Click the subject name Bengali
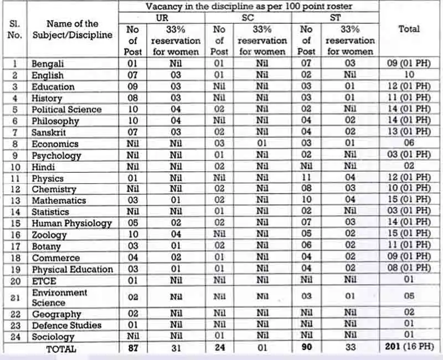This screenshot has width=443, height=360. click(x=48, y=64)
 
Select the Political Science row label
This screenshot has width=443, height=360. click(x=66, y=110)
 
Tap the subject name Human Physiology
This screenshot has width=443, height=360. click(x=71, y=223)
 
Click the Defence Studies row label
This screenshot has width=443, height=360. click(x=66, y=325)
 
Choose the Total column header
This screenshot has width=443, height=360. click(x=409, y=29)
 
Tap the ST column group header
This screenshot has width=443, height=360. click(x=335, y=17)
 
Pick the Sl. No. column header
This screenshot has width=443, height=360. click(x=15, y=29)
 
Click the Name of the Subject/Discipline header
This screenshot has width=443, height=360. click(x=72, y=29)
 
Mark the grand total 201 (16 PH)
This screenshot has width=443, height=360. click(x=409, y=348)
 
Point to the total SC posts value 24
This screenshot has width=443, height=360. click(x=219, y=348)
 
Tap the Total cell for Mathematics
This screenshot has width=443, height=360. click(x=409, y=200)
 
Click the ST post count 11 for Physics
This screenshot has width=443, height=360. click(x=306, y=178)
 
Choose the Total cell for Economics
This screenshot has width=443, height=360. click(x=409, y=143)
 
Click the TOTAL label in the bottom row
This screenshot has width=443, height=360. click(x=61, y=349)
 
